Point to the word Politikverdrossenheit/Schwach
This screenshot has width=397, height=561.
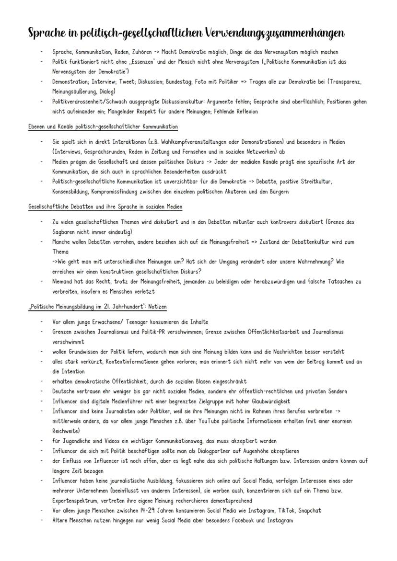point(90,102)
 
